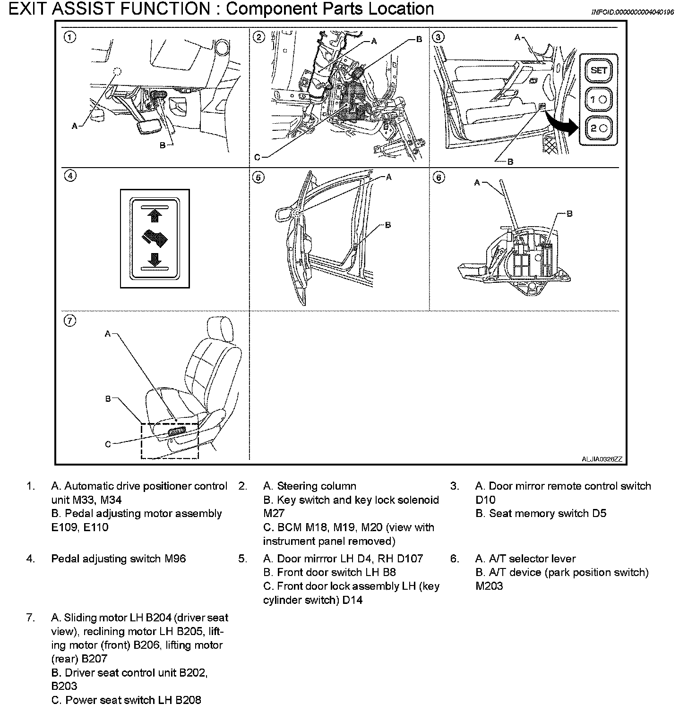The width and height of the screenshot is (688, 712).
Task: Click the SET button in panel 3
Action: click(599, 70)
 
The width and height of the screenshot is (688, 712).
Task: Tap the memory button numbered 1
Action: click(599, 99)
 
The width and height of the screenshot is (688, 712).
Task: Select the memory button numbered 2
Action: click(599, 128)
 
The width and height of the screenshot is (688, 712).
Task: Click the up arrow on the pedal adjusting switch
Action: click(155, 216)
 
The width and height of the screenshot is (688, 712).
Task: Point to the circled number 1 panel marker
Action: click(70, 37)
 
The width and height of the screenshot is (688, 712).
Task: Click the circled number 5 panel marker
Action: click(258, 178)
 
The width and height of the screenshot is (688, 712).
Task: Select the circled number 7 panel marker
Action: click(70, 321)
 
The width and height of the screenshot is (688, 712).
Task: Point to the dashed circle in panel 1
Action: click(117, 71)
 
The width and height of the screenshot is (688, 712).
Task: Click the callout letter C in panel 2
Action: click(257, 157)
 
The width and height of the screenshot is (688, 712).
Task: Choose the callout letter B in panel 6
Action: click(569, 214)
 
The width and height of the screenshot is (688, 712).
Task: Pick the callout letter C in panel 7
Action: click(108, 444)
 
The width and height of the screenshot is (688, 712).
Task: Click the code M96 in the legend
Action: click(175, 559)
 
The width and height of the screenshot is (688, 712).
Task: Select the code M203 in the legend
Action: click(489, 586)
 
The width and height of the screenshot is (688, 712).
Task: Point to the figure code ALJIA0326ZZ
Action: click(602, 459)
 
